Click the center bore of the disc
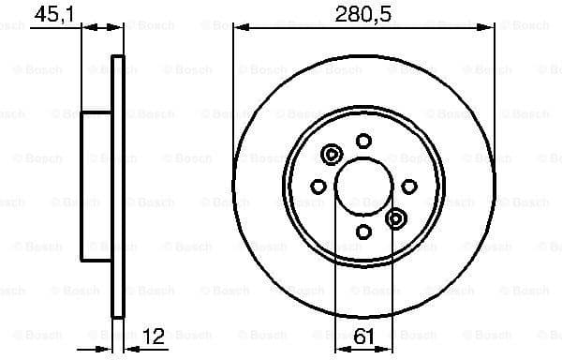pos(362,187)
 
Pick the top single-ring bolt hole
pos(362,142)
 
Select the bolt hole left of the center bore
pos(318,187)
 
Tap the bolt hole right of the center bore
pos(408,187)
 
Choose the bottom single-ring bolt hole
pos(362,232)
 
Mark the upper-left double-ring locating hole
pos(331,155)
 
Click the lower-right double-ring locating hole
pos(395,219)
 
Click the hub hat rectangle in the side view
pos(96,187)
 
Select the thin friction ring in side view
pos(118,187)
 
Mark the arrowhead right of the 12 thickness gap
pos(128,348)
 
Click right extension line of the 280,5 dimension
pos(494,94)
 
